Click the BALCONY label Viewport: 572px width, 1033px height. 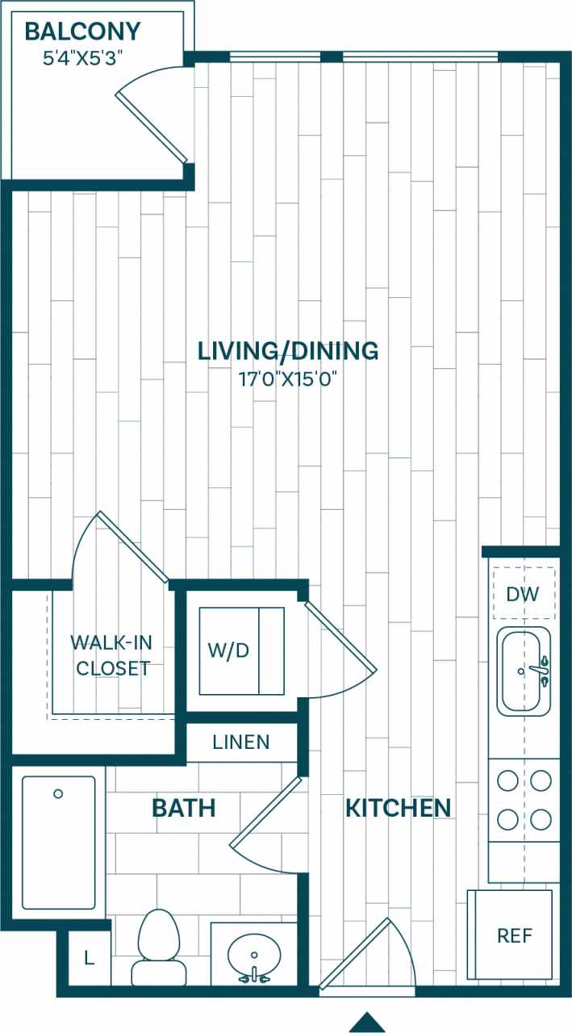82,32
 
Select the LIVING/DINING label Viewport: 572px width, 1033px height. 288,351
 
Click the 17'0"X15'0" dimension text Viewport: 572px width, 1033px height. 288,378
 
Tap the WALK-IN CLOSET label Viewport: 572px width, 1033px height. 111,655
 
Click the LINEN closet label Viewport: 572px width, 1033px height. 241,742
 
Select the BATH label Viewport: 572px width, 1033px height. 184,807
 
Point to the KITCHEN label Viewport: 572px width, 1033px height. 398,807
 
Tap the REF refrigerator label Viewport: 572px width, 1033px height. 514,935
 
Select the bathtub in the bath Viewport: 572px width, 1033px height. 58,842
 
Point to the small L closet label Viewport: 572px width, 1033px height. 88,959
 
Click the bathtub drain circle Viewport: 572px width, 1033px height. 58,794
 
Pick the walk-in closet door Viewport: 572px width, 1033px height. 129,546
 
